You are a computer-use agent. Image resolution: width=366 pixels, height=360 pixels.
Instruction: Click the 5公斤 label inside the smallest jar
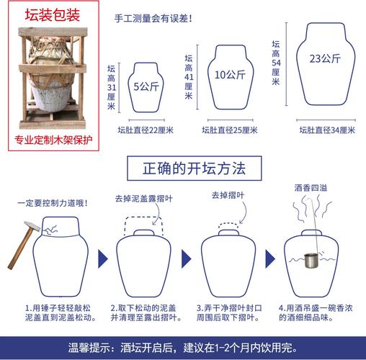(x=147, y=86)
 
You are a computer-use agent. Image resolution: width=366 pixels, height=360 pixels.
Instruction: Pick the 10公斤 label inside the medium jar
(x=231, y=74)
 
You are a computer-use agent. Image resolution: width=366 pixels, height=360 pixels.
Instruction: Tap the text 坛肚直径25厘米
(x=230, y=130)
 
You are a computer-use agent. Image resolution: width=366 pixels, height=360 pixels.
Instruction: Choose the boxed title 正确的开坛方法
(x=186, y=169)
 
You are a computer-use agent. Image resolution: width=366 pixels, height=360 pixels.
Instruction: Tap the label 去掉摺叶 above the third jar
(x=228, y=195)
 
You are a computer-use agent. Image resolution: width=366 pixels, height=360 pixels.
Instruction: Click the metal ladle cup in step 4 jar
(x=311, y=258)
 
